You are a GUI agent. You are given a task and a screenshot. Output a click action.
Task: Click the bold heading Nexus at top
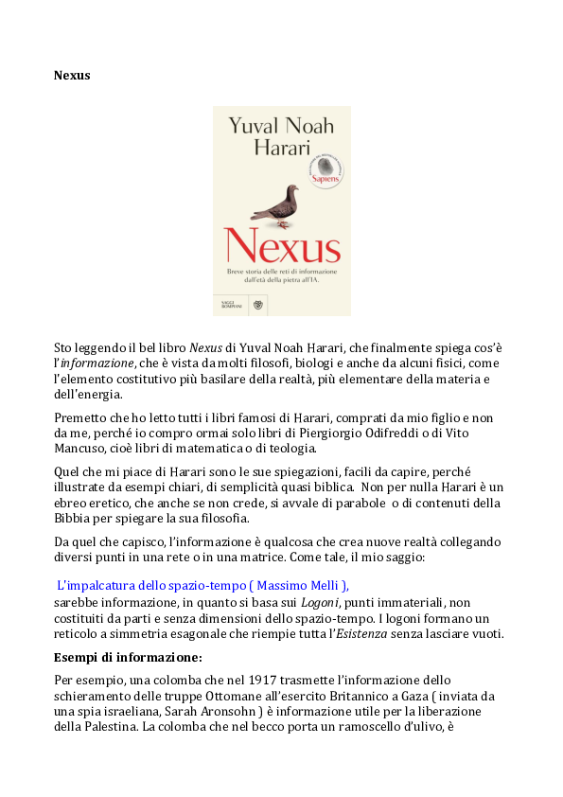[72, 74]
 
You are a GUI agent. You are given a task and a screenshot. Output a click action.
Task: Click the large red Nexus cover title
[282, 249]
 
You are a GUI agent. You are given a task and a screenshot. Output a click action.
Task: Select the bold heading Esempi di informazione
[128, 657]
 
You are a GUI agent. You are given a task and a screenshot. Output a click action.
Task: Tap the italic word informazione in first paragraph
[97, 363]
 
